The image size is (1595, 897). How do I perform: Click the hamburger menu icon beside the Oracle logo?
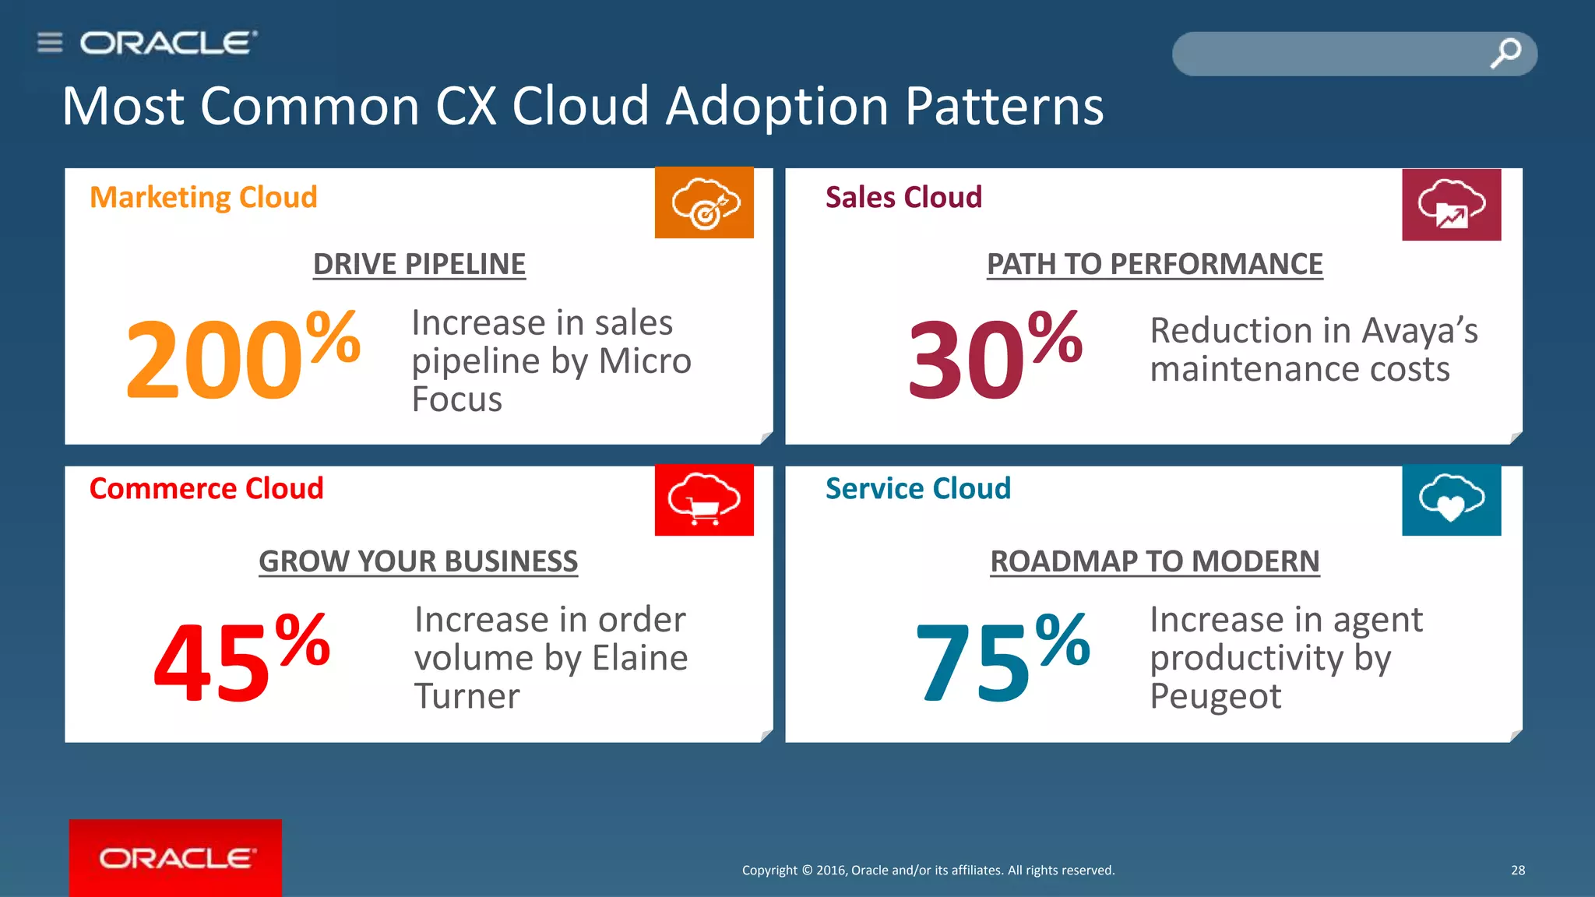pyautogui.click(x=50, y=42)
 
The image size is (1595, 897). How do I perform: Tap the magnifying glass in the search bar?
pyautogui.click(x=1505, y=54)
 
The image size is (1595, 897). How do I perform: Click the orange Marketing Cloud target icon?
pyautogui.click(x=704, y=203)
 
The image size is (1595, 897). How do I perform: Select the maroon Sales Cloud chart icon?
pyautogui.click(x=1451, y=205)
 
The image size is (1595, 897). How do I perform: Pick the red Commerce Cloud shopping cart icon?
pyautogui.click(x=704, y=500)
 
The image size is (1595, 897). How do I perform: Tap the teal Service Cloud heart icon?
pyautogui.click(x=1451, y=500)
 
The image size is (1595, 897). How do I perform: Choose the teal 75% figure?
pyautogui.click(x=1002, y=656)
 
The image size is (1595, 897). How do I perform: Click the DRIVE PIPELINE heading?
pyautogui.click(x=419, y=265)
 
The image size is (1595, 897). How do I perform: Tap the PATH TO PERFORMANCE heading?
pyautogui.click(x=1154, y=265)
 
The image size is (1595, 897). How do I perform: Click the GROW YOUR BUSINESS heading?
pyautogui.click(x=418, y=561)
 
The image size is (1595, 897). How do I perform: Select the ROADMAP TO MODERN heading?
pyautogui.click(x=1154, y=561)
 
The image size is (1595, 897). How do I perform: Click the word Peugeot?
pyautogui.click(x=1215, y=696)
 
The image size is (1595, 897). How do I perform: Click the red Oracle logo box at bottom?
pyautogui.click(x=175, y=857)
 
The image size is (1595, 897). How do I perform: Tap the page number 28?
pyautogui.click(x=1518, y=871)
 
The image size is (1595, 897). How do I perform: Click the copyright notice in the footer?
pyautogui.click(x=928, y=871)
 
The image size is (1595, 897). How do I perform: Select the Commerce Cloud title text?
pyautogui.click(x=206, y=489)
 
